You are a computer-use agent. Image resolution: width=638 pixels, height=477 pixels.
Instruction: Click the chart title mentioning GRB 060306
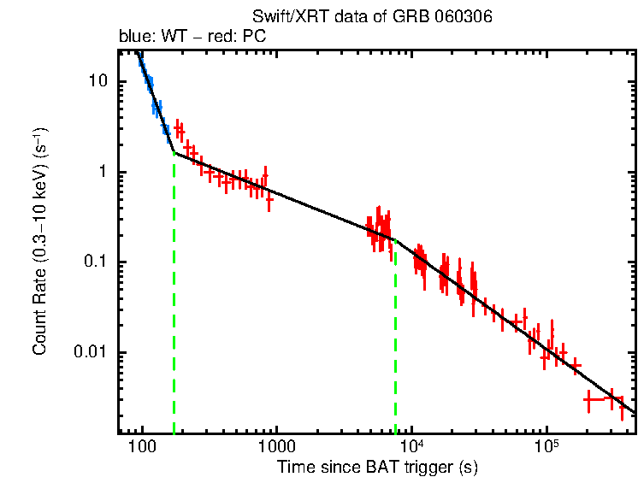tap(372, 17)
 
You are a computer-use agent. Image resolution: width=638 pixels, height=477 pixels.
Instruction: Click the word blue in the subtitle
tap(133, 38)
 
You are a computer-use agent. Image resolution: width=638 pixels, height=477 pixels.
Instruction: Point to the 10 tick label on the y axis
tap(99, 81)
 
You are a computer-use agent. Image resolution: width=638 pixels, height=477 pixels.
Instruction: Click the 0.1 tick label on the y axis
tap(97, 262)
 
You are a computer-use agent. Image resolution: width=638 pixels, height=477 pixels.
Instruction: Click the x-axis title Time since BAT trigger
tap(377, 468)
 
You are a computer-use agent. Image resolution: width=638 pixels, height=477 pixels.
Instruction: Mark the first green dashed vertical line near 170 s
tap(174, 299)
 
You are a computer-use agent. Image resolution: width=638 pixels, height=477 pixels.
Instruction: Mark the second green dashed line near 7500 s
tap(395, 342)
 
